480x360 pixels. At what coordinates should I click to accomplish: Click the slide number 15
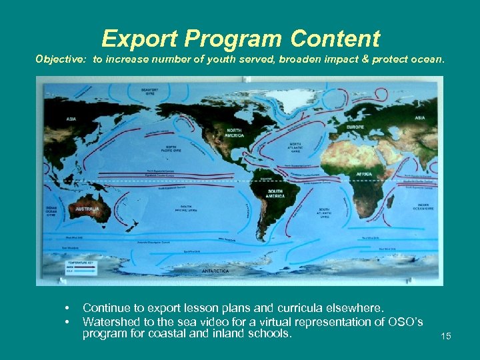click(x=446, y=336)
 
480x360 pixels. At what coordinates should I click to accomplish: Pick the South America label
click(x=275, y=194)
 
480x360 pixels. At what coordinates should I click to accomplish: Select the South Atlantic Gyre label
click(x=324, y=213)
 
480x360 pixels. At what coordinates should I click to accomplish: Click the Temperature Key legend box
click(x=80, y=267)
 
